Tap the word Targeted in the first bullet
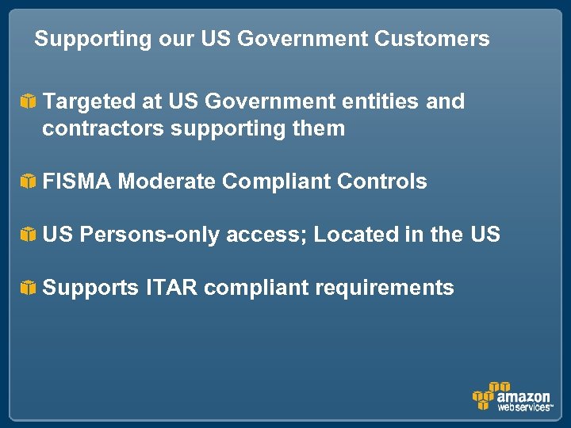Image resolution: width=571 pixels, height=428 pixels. pyautogui.click(x=87, y=102)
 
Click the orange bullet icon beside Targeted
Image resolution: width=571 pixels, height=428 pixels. pyautogui.click(x=28, y=102)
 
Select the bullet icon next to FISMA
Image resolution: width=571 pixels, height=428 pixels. pyautogui.click(x=28, y=182)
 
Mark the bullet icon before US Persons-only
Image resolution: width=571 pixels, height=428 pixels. pyautogui.click(x=28, y=235)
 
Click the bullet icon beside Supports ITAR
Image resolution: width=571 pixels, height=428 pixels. pyautogui.click(x=28, y=289)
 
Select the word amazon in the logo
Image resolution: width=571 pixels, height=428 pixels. pyautogui.click(x=523, y=396)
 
